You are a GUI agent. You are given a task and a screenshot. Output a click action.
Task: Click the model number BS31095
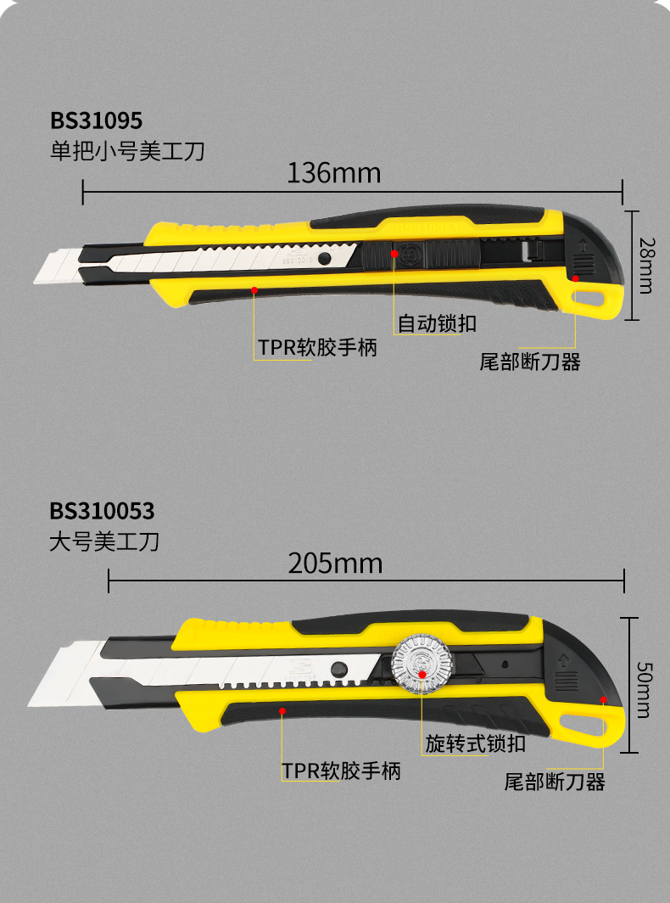tap(96, 120)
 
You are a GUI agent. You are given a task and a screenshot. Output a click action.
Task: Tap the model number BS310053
tap(102, 511)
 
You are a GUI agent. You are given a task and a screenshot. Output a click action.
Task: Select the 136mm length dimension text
tap(333, 173)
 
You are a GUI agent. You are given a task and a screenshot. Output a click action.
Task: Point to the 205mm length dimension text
tap(335, 564)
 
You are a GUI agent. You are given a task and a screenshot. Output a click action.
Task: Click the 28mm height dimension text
tap(645, 265)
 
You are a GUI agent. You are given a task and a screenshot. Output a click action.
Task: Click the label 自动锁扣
tap(437, 323)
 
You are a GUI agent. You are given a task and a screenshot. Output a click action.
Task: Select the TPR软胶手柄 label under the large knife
tap(341, 771)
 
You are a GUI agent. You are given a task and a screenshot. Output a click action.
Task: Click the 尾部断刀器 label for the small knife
tap(530, 362)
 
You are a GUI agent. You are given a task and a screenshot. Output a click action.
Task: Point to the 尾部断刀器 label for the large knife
tap(555, 782)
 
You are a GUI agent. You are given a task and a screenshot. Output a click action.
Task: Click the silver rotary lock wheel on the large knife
tap(422, 664)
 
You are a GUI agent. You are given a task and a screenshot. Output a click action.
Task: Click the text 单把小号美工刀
tap(127, 151)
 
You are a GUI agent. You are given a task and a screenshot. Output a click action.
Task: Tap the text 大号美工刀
tap(104, 541)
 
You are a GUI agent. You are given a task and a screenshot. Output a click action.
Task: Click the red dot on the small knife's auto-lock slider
tap(394, 253)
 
